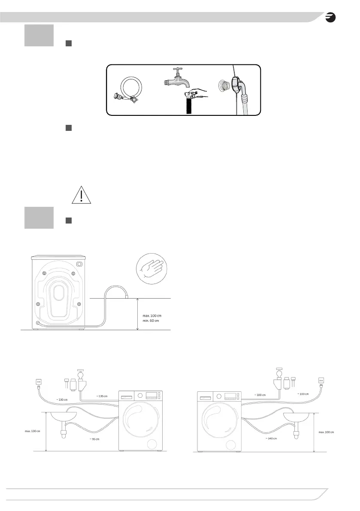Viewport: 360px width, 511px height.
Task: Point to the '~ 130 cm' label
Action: [x=63, y=400]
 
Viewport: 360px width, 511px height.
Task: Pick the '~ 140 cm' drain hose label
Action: [x=270, y=438]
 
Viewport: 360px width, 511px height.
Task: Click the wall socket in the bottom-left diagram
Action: [x=38, y=381]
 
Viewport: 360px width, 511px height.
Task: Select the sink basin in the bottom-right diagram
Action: [x=296, y=417]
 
